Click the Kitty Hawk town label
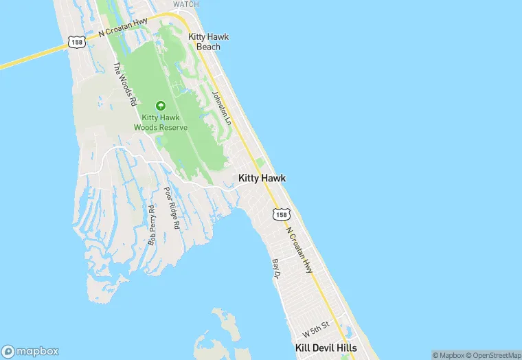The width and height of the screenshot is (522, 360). (x=262, y=178)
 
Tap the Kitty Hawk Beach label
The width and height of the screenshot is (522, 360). (x=208, y=42)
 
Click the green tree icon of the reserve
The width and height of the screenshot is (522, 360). (x=160, y=106)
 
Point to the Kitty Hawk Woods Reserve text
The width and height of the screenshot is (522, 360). (x=160, y=122)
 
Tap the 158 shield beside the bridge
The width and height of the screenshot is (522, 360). (x=76, y=42)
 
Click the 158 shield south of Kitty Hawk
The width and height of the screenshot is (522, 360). (x=280, y=215)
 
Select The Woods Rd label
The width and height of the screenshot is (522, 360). (x=124, y=84)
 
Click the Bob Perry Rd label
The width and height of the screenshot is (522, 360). (x=152, y=225)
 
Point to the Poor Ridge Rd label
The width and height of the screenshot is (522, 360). (x=172, y=207)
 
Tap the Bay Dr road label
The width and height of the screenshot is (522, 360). (x=277, y=269)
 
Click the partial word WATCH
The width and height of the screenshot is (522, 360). (x=185, y=4)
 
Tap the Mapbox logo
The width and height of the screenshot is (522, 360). (x=30, y=351)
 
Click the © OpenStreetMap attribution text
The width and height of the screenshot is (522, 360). (x=493, y=355)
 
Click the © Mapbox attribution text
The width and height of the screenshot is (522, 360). (x=448, y=355)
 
